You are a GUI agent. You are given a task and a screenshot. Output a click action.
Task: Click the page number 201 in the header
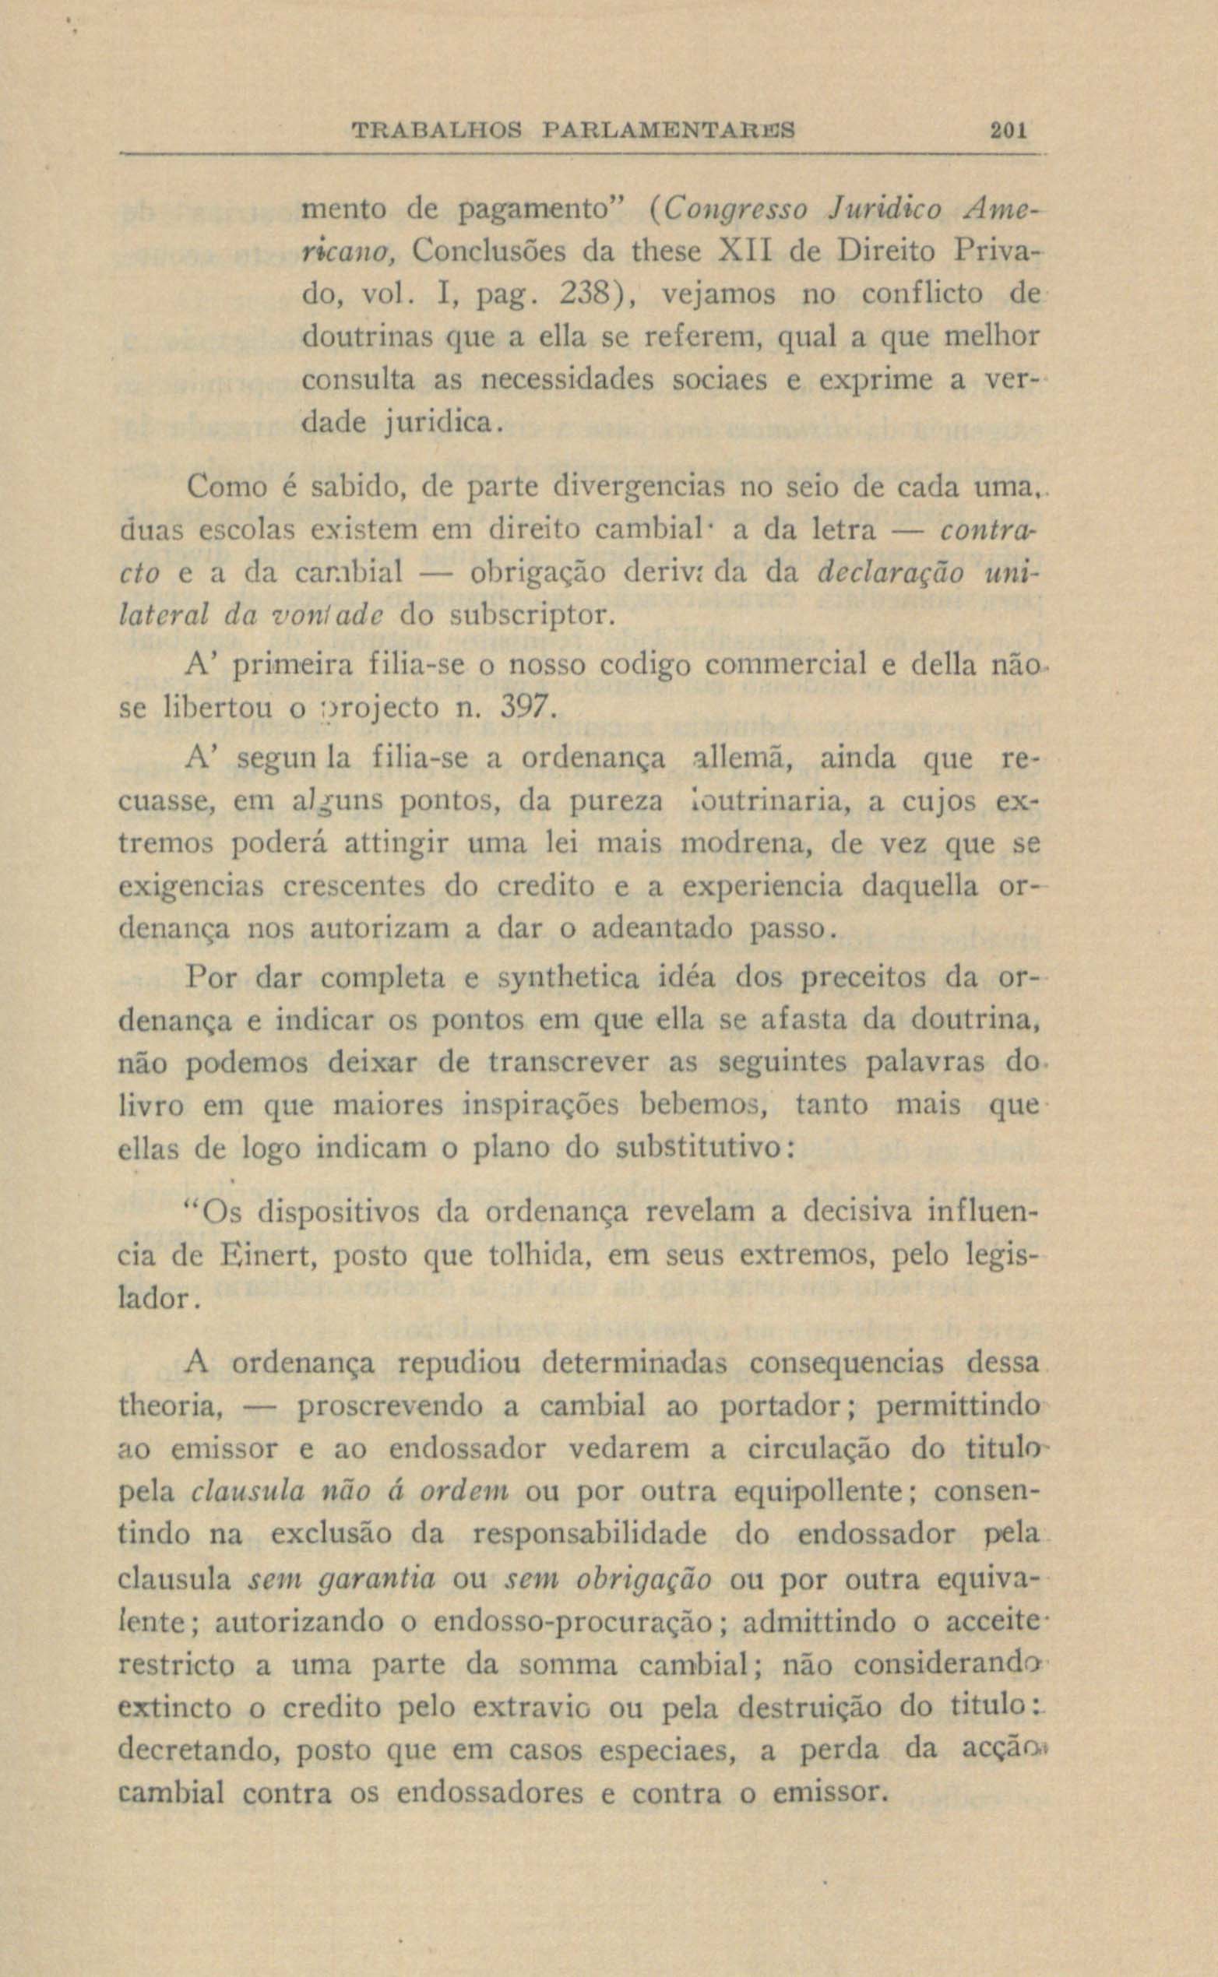(1007, 130)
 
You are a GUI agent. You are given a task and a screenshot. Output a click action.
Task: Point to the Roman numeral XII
(734, 252)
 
